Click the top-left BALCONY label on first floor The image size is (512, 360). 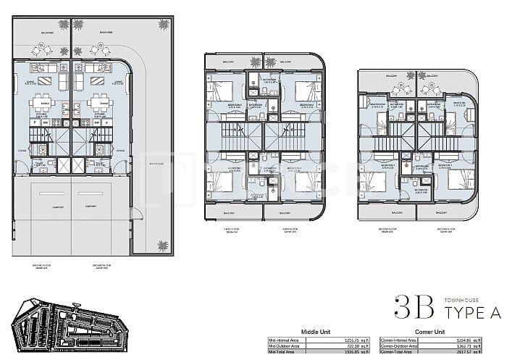tap(227, 63)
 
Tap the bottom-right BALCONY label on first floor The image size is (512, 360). tap(296, 214)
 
